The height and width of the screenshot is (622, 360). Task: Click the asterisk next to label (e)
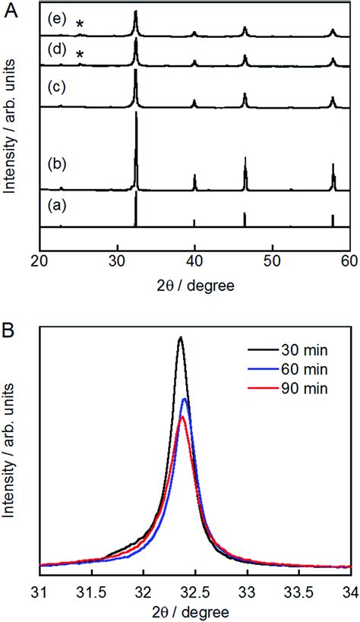coord(80,25)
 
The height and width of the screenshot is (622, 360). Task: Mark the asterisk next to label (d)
coord(80,55)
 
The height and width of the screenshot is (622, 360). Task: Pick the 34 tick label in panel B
coord(349,589)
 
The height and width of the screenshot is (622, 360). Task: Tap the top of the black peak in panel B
coord(180,337)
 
